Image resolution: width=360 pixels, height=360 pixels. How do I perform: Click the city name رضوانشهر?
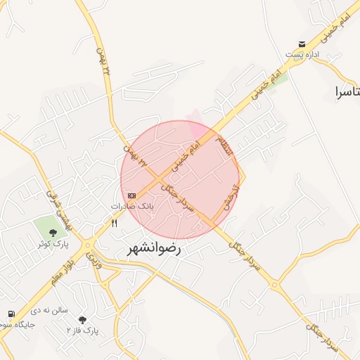pyautogui.click(x=155, y=249)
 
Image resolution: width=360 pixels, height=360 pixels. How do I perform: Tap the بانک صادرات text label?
pyautogui.click(x=131, y=207)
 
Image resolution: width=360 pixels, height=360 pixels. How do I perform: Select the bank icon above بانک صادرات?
pyautogui.click(x=131, y=195)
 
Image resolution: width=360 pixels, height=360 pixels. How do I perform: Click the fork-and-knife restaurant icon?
pyautogui.click(x=114, y=223)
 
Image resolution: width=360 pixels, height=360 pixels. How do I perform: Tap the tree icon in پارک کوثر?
pyautogui.click(x=53, y=231)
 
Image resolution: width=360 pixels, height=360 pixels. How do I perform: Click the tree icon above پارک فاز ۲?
pyautogui.click(x=83, y=320)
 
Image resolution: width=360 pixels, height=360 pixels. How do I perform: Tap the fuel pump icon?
pyautogui.click(x=11, y=314)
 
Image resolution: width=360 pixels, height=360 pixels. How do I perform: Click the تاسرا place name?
pyautogui.click(x=348, y=91)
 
